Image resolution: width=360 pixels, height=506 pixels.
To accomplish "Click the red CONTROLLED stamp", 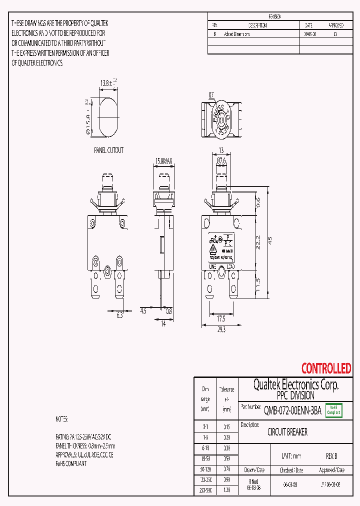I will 326,369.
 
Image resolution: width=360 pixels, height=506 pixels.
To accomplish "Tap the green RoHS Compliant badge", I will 333,410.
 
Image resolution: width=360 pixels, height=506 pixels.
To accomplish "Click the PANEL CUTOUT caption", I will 108,150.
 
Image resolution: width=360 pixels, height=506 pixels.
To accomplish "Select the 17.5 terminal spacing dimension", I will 221,318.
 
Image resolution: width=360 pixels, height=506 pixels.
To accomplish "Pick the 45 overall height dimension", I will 270,239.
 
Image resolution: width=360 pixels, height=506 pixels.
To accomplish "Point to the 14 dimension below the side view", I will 163,324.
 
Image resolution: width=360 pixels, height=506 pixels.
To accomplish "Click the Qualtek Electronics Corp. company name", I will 296,384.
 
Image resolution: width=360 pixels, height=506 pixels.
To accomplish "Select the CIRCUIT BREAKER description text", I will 287,432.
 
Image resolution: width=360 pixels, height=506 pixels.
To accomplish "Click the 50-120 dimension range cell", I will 205,469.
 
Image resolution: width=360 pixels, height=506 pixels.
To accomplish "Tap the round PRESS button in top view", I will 221,120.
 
